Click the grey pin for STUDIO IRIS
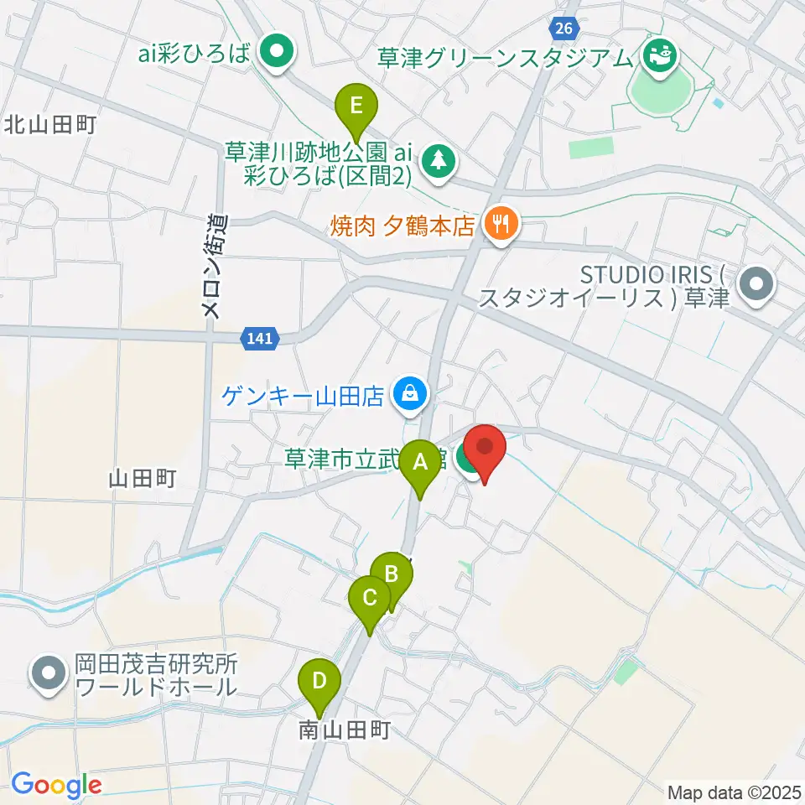click(x=758, y=286)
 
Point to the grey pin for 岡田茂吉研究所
click(x=49, y=673)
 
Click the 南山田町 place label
click(x=345, y=730)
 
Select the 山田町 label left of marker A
click(x=142, y=479)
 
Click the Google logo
click(x=56, y=785)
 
